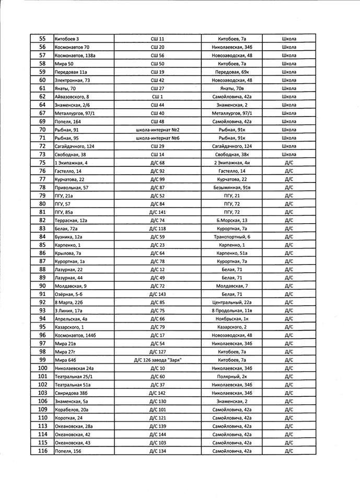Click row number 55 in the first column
click(x=42, y=39)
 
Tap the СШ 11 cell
click(x=158, y=39)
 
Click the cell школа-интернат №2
click(x=158, y=129)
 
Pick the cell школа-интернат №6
click(x=158, y=138)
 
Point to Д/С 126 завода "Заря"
click(x=158, y=360)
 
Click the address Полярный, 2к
click(x=232, y=376)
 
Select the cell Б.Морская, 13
click(x=232, y=221)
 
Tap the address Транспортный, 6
click(x=232, y=237)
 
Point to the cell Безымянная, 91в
click(x=232, y=187)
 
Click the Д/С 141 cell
click(x=158, y=212)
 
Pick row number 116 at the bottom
click(x=42, y=451)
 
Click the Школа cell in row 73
click(x=289, y=154)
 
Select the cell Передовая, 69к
click(x=232, y=72)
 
